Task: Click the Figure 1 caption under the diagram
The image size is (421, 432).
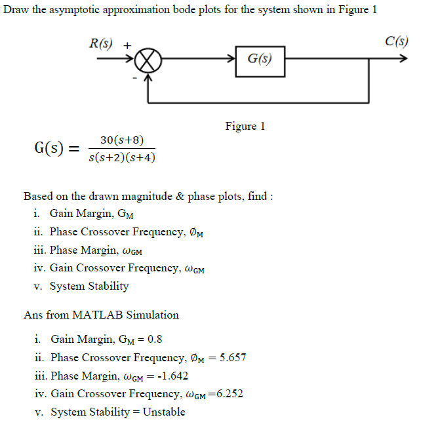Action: (245, 126)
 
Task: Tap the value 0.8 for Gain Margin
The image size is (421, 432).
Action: (155, 340)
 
